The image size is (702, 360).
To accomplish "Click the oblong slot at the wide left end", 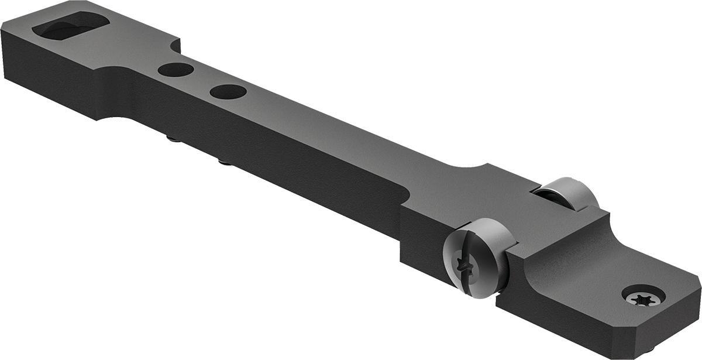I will coord(71,26).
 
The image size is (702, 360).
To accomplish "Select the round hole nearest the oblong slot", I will coord(175,70).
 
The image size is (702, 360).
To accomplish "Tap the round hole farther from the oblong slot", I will coord(228,92).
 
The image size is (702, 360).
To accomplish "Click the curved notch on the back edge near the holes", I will coord(174,46).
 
